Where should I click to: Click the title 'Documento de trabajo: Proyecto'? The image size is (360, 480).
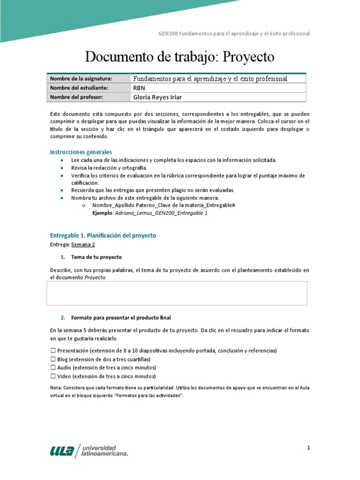180,57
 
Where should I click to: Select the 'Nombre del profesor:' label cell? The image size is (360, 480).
76,97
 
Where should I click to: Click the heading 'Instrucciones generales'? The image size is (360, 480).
81,152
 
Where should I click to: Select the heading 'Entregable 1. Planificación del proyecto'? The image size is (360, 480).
103,235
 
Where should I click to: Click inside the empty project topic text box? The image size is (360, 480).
177,293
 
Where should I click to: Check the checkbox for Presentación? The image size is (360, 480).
52,351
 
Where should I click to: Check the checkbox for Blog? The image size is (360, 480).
52,359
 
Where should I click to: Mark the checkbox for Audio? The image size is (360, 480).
52,367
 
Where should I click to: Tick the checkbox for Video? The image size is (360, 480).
52,376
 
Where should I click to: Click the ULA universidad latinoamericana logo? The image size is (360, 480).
89,450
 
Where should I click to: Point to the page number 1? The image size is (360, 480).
308,448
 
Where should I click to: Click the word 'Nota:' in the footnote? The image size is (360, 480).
56,388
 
